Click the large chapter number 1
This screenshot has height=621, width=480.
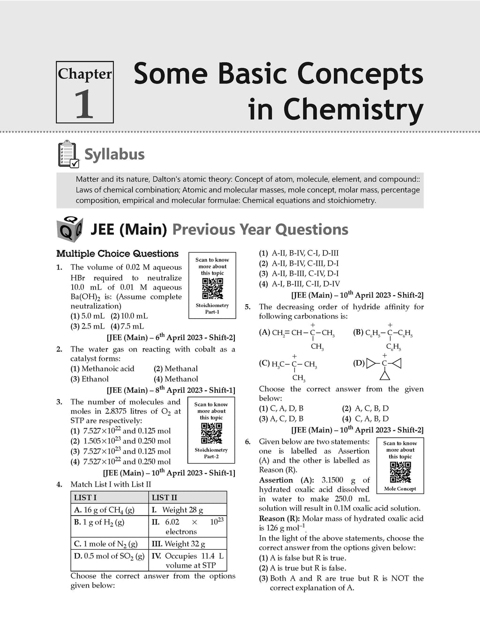[84, 104]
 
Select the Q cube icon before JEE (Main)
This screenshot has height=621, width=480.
[69, 229]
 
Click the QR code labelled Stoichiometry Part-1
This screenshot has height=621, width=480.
[212, 289]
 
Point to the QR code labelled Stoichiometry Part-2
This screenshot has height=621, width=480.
[211, 434]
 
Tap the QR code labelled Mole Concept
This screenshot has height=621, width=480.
[400, 472]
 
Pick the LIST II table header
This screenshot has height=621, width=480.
[165, 498]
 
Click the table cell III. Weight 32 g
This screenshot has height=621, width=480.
[178, 544]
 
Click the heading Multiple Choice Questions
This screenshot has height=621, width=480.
[117, 254]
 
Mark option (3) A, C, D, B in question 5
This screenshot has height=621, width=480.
[281, 419]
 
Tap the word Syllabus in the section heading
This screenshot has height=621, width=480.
[114, 154]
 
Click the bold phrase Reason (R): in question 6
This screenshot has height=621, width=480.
[280, 518]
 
